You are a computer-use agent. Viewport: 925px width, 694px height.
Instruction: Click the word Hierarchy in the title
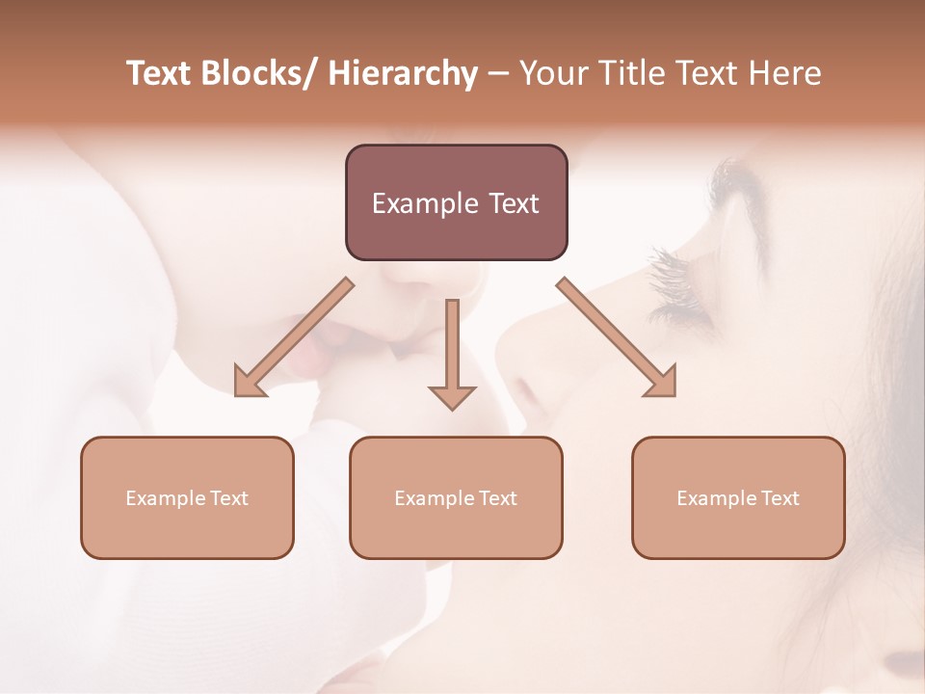pos(402,73)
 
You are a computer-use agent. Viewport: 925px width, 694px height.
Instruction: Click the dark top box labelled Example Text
pos(456,202)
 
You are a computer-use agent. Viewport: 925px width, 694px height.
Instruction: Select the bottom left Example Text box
pos(187,497)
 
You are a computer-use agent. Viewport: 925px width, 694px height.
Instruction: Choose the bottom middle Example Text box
pos(456,497)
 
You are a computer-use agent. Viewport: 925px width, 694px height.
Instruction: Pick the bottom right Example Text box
pos(738,497)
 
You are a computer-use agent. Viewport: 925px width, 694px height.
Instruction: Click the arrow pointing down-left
pos(294,337)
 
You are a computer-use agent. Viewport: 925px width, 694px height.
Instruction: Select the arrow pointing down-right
pos(617,337)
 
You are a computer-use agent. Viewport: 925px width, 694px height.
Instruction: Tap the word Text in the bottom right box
pos(780,498)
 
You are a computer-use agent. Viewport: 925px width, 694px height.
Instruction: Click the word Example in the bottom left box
pos(166,498)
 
